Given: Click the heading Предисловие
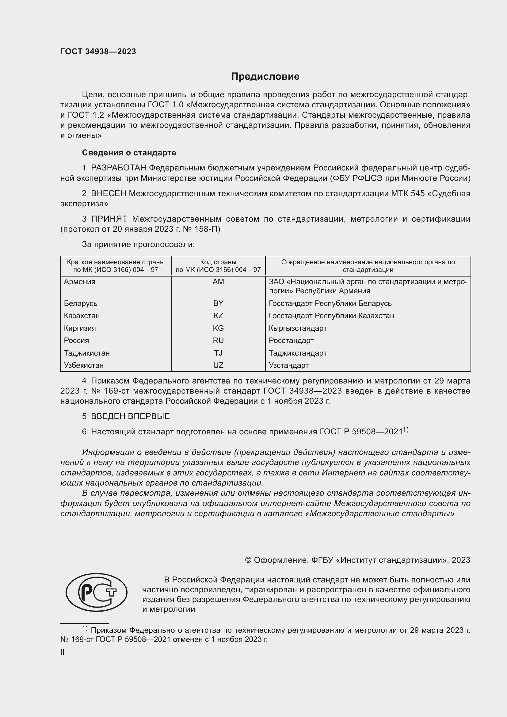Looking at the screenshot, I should (x=265, y=77).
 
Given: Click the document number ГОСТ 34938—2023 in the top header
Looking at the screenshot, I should (x=98, y=52).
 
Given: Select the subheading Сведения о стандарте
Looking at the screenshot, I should (x=129, y=153).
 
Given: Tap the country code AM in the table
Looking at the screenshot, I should (x=218, y=282).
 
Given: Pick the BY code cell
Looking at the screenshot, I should (x=218, y=303).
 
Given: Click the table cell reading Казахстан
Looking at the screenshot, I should (x=82, y=316).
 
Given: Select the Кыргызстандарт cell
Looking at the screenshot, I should (x=298, y=328).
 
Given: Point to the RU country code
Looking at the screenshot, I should (x=218, y=340).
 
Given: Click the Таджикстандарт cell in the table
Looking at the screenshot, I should (x=298, y=353).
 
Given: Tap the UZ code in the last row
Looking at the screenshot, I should (x=218, y=365).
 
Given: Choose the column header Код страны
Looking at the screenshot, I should (x=218, y=262).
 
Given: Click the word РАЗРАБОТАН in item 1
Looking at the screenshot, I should (x=118, y=168).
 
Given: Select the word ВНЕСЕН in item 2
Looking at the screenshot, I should (x=108, y=194).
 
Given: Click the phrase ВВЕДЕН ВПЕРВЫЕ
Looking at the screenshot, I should (x=130, y=416).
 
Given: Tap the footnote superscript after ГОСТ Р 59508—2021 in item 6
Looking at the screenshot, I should (x=406, y=430).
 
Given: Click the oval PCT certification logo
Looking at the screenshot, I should (x=97, y=592).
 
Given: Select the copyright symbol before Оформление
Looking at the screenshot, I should (x=248, y=560).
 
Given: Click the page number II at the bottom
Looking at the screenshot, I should (x=63, y=653).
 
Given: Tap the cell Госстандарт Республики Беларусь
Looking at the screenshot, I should (x=330, y=303).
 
